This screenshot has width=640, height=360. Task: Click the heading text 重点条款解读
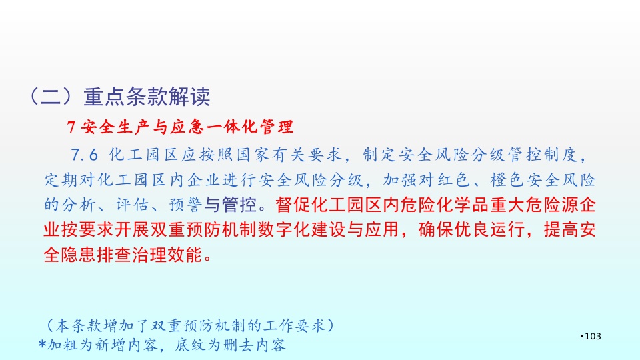click(147, 97)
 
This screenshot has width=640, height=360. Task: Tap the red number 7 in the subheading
click(71, 127)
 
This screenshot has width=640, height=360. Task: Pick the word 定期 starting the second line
click(61, 179)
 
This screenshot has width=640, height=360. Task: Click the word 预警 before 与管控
click(186, 205)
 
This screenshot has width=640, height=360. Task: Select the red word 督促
click(293, 205)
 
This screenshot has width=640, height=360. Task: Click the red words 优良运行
click(489, 230)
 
